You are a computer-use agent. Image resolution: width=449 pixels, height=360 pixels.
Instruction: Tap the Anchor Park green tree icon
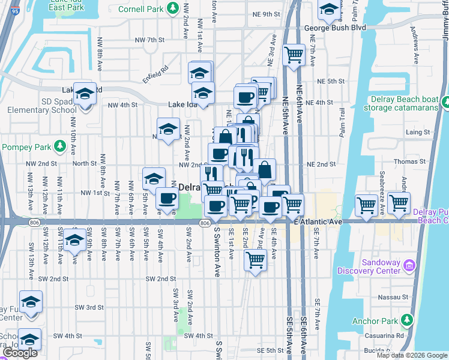(408, 320)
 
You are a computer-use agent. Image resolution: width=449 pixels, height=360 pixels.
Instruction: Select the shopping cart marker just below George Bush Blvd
(294, 55)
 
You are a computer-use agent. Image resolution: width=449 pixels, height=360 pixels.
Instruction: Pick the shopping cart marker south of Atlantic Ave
(255, 260)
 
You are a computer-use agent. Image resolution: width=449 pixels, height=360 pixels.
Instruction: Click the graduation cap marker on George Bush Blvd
(328, 10)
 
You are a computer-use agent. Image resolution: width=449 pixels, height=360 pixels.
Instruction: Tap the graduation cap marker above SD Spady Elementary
(85, 94)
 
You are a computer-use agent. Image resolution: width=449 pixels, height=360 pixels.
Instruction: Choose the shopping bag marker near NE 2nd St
(264, 169)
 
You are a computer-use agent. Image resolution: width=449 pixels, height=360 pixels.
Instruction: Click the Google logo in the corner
(20, 353)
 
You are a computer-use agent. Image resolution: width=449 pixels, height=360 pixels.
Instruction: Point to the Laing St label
(418, 132)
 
